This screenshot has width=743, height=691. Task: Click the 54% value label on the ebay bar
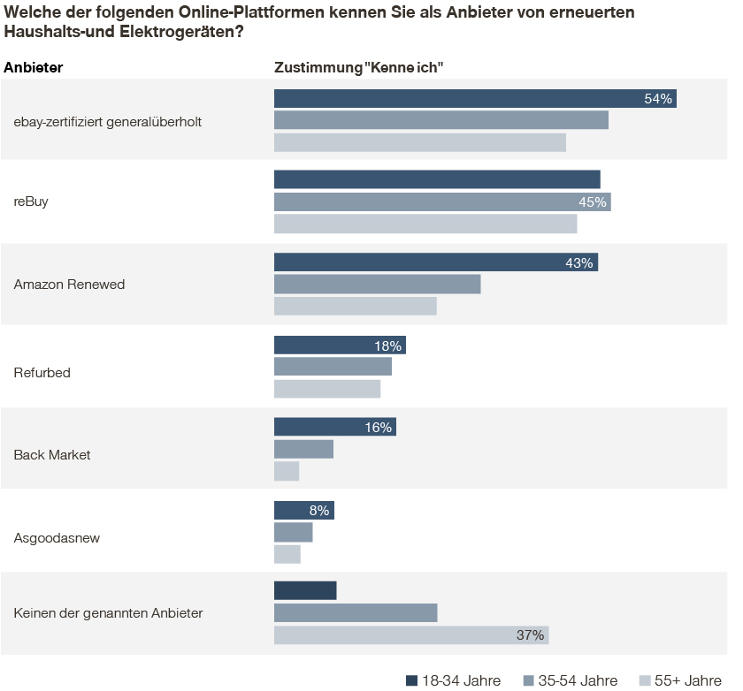click(659, 98)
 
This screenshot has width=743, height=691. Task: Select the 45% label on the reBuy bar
click(592, 202)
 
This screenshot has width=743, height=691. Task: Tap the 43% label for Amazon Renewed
click(578, 262)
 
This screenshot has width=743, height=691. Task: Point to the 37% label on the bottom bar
click(529, 635)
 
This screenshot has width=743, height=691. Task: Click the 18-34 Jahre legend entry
click(453, 680)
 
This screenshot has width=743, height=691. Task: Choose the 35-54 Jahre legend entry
click(570, 680)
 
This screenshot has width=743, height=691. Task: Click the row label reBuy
click(31, 201)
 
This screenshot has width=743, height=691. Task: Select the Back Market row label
click(52, 455)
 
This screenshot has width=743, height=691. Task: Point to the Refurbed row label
click(42, 373)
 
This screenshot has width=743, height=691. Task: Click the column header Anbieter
click(34, 67)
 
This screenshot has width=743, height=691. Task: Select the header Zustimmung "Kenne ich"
click(358, 67)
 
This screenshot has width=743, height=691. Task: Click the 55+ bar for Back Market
click(287, 471)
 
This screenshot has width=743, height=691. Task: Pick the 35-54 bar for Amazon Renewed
click(377, 284)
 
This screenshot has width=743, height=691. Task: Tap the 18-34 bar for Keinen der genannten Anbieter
click(305, 590)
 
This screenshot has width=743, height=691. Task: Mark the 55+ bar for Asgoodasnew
click(287, 554)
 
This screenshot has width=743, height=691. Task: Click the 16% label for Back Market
click(378, 428)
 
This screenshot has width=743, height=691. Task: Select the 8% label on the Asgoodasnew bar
click(319, 511)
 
